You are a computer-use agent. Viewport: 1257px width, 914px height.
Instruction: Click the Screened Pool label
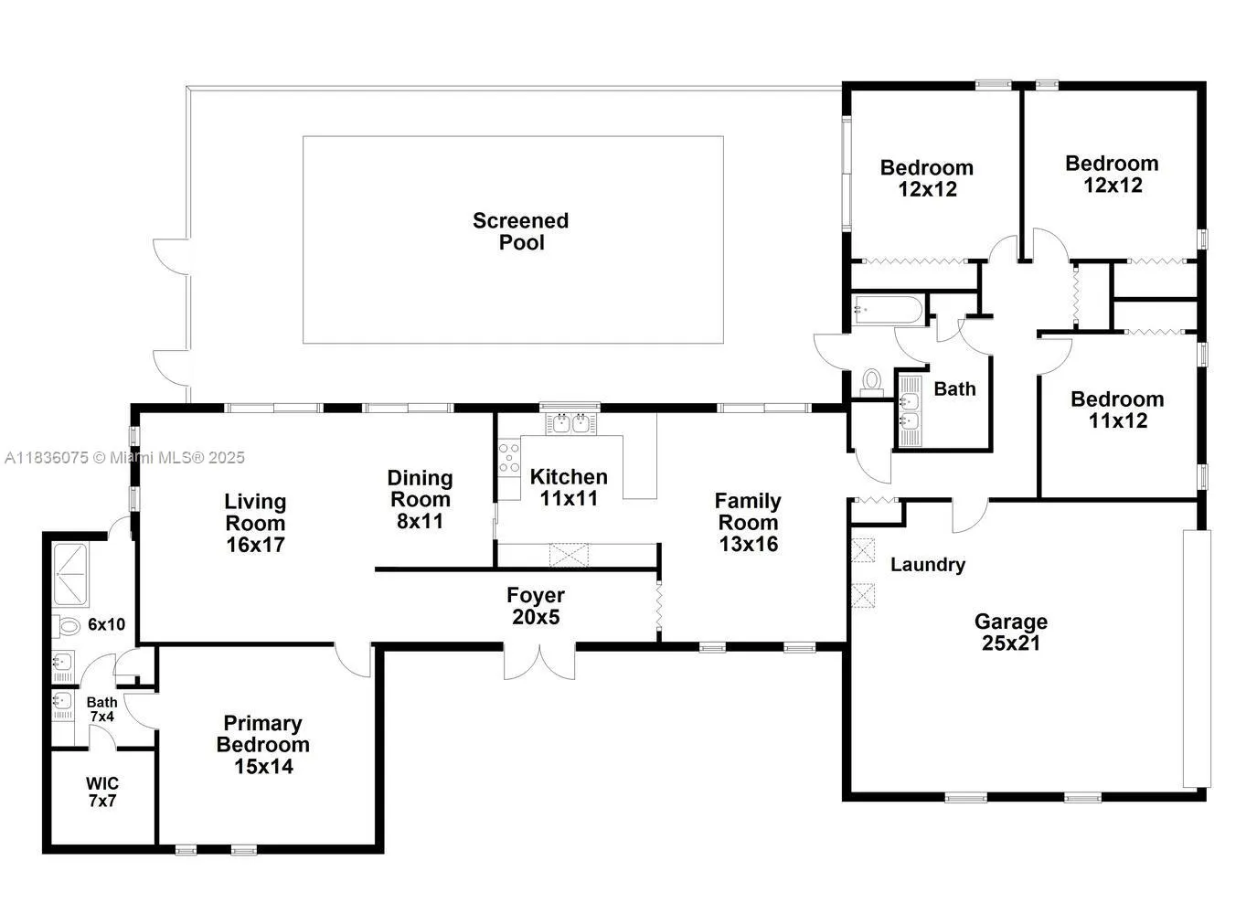(520, 231)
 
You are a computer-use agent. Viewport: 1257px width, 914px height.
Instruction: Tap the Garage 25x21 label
(1010, 632)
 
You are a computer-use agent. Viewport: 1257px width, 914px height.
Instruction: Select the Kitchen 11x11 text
(569, 487)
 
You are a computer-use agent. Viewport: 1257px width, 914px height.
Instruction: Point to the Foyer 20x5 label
(536, 606)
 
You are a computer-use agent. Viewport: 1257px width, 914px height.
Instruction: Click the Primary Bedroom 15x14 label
(263, 745)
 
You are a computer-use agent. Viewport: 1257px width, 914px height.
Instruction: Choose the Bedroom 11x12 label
(1117, 409)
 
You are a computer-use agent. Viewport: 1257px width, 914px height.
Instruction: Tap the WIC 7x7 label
(102, 792)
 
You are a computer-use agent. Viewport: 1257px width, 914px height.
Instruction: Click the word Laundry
(928, 565)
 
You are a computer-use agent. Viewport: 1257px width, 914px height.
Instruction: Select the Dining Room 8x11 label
(420, 499)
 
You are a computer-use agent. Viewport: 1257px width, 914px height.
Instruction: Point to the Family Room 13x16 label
(748, 522)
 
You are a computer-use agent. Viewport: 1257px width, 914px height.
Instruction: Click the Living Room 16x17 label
(256, 523)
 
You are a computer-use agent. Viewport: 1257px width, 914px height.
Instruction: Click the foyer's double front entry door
(539, 662)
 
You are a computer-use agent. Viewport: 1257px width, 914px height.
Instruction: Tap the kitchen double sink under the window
(570, 423)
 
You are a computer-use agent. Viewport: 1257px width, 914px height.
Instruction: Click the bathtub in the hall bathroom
(887, 311)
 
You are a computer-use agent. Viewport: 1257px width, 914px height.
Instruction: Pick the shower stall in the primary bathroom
(70, 574)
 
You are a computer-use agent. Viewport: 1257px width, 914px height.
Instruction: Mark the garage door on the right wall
(1197, 658)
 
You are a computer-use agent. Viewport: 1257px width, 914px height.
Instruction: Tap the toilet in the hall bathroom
(871, 381)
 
